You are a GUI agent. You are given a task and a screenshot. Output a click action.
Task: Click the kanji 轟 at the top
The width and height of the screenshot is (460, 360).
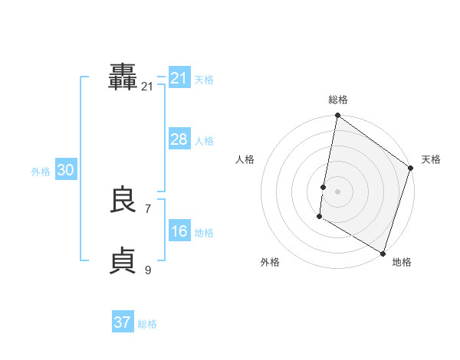(123, 78)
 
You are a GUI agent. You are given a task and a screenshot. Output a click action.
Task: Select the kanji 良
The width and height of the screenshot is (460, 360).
(123, 201)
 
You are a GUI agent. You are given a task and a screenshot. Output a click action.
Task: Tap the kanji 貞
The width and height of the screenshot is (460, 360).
(123, 260)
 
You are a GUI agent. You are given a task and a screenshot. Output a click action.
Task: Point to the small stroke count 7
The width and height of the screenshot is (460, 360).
(148, 208)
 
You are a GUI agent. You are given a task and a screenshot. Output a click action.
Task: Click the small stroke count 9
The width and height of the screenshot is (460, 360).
(148, 269)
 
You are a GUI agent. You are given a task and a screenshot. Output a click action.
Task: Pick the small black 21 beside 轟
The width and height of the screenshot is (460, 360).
(147, 87)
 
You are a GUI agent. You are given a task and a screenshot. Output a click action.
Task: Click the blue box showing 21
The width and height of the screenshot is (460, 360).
(179, 78)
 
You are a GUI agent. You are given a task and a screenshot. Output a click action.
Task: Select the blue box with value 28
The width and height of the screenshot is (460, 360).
(179, 139)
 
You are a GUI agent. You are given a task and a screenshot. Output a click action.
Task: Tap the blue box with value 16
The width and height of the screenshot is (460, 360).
(179, 231)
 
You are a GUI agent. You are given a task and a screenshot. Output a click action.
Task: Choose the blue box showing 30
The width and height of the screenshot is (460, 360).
(65, 170)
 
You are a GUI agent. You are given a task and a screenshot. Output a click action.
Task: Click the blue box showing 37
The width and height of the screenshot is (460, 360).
(123, 322)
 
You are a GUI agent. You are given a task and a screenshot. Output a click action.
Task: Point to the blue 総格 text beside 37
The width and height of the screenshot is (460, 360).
(147, 324)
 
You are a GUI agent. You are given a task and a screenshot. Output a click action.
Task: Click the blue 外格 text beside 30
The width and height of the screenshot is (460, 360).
(41, 172)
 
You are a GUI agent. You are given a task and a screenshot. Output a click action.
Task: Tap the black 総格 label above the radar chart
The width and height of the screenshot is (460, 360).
(338, 100)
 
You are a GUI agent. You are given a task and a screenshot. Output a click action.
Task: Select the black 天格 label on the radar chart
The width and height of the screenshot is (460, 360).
(431, 159)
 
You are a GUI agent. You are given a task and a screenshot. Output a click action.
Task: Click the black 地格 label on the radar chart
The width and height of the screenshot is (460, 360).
(402, 262)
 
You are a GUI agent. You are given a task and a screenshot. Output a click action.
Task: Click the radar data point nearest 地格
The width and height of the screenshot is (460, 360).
(383, 252)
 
